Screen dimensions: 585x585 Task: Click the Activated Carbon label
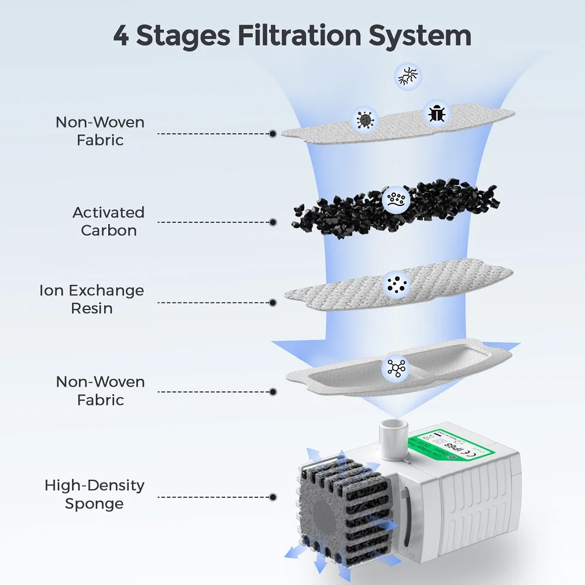click(x=108, y=221)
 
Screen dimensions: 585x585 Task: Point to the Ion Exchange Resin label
click(x=91, y=299)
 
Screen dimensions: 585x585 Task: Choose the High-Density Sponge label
click(x=94, y=494)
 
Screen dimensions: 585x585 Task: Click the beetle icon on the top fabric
click(x=436, y=113)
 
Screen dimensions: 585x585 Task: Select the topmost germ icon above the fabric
click(x=408, y=77)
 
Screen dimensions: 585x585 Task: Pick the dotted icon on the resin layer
click(x=395, y=284)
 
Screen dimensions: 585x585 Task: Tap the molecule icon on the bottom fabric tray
click(x=395, y=367)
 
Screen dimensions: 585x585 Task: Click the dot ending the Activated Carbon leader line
click(x=273, y=222)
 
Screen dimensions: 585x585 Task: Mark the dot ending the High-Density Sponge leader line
click(x=273, y=497)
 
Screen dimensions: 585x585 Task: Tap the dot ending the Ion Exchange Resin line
click(x=273, y=303)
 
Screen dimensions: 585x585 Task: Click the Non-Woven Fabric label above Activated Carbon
click(x=100, y=131)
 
